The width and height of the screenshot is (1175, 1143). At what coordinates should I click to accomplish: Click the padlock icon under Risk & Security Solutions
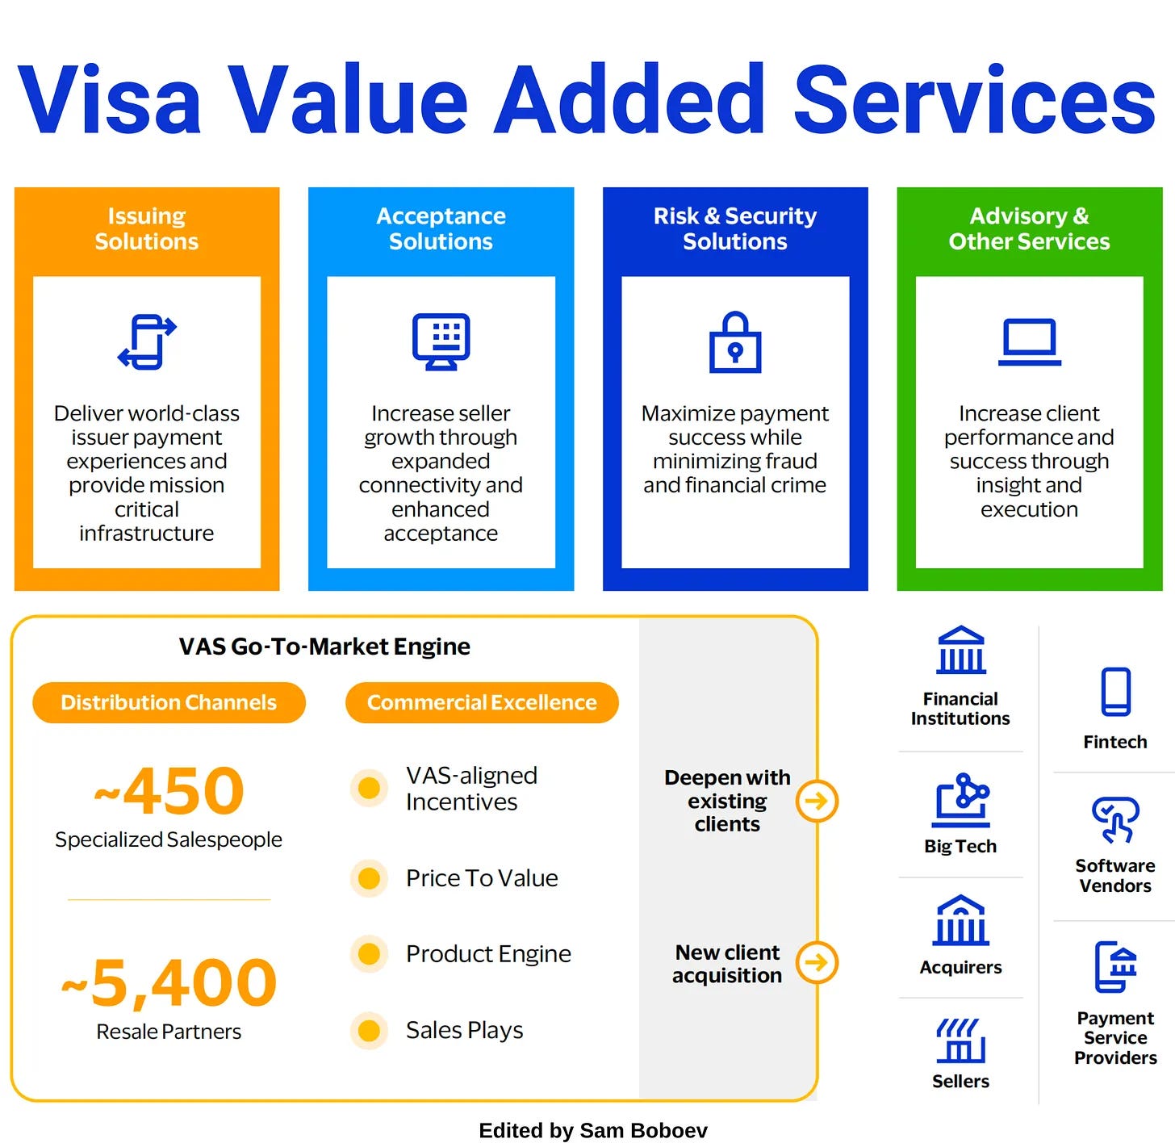click(734, 342)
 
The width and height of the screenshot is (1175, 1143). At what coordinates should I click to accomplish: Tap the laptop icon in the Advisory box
click(1029, 341)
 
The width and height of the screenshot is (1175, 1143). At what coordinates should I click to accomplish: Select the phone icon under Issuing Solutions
click(147, 341)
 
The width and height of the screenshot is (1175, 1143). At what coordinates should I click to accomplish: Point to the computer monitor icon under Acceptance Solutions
click(441, 341)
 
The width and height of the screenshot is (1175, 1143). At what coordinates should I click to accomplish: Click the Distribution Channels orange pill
click(169, 702)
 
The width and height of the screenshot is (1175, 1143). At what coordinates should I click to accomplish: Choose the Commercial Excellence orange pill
click(482, 702)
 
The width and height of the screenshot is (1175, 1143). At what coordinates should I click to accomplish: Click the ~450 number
click(169, 790)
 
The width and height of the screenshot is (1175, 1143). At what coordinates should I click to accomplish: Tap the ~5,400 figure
click(169, 982)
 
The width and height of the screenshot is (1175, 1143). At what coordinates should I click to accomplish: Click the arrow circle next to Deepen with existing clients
click(817, 802)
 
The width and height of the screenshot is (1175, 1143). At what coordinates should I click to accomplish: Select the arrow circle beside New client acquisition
click(817, 962)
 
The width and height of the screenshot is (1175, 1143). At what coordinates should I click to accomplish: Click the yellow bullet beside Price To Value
click(369, 878)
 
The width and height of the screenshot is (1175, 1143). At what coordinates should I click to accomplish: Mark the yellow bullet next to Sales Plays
click(369, 1030)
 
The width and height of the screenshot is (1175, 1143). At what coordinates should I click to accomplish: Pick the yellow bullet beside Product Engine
click(369, 954)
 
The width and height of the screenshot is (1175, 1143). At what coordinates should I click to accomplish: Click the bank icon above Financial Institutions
click(960, 650)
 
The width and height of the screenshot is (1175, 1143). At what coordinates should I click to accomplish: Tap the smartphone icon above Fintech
click(1115, 692)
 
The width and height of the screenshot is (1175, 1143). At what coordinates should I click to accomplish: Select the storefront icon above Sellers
click(960, 1041)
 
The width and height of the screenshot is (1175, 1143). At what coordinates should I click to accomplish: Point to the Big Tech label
click(960, 846)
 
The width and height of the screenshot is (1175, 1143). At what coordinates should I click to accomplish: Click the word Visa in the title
click(109, 99)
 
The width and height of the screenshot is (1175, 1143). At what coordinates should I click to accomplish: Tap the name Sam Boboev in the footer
click(644, 1130)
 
